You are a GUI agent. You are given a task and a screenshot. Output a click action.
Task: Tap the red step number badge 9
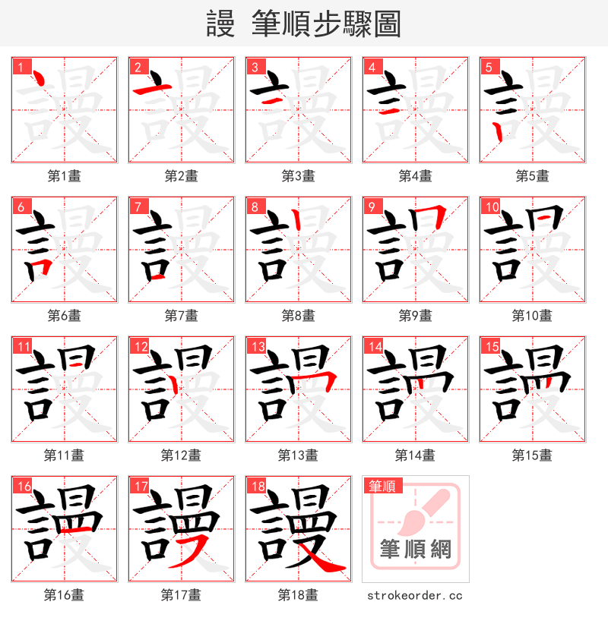pyautogui.click(x=371, y=206)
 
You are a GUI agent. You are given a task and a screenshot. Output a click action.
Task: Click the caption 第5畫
pyautogui.click(x=532, y=176)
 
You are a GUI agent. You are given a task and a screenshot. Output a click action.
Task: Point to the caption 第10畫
pyautogui.click(x=532, y=316)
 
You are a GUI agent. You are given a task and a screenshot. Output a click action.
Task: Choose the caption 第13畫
pyautogui.click(x=298, y=455)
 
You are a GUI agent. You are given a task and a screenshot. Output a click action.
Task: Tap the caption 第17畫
pyautogui.click(x=181, y=595)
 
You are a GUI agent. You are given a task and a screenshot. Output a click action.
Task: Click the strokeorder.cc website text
pyautogui.click(x=415, y=596)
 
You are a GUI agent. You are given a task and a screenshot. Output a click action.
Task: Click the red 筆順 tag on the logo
pyautogui.click(x=382, y=486)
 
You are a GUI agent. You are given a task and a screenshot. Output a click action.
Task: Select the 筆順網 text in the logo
pyautogui.click(x=415, y=549)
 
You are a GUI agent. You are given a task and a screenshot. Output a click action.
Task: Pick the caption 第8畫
pyautogui.click(x=298, y=316)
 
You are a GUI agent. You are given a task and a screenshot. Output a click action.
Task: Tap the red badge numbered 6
pyautogui.click(x=20, y=206)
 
